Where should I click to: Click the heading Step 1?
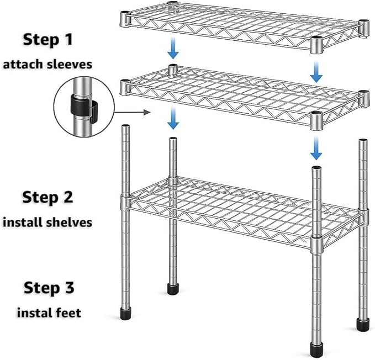pos(48,39)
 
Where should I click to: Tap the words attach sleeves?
pos(47,65)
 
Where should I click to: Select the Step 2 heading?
pos(48,198)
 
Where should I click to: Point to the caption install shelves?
pos(47,223)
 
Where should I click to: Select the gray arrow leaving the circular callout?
pos(132,112)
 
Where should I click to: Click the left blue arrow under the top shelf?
pos(173,48)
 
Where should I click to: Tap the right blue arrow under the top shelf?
pos(316,71)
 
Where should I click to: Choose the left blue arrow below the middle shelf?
pos(173,118)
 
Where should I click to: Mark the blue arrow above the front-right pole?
pos(316,148)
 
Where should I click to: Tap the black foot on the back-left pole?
pos(173,289)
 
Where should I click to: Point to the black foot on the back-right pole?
pos(363,324)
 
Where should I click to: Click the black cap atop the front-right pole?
pos(316,167)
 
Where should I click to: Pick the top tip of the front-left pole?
pos(125,125)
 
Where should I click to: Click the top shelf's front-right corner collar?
pos(316,45)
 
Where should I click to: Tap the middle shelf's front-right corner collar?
pos(316,120)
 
